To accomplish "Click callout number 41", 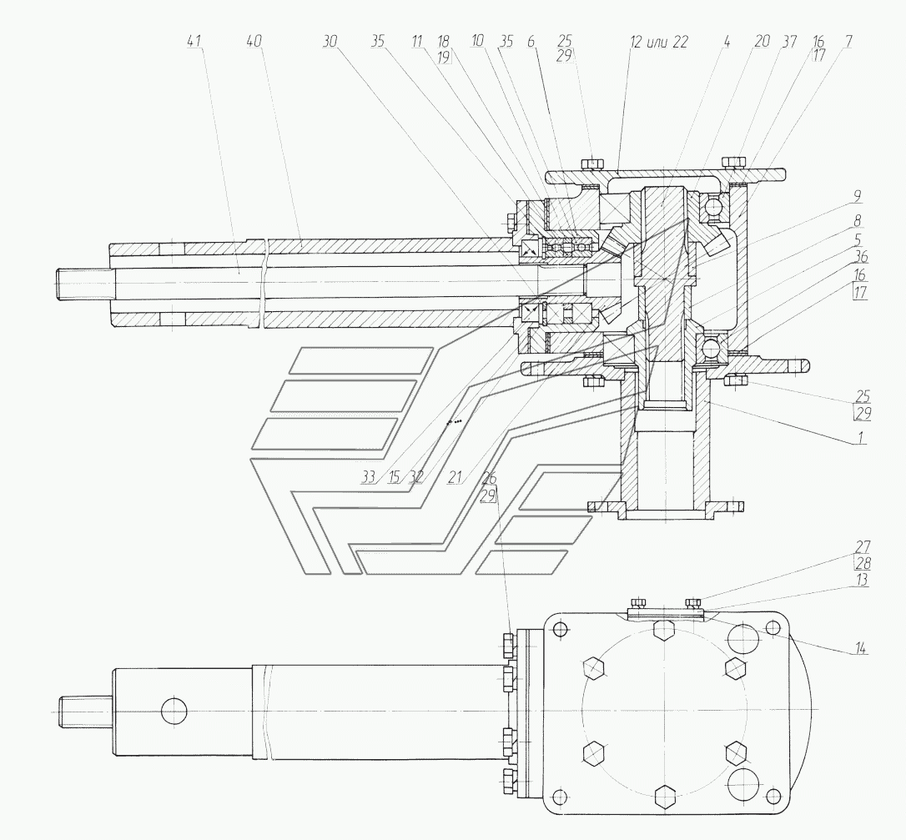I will click(x=196, y=41).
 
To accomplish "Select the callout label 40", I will click(x=255, y=41).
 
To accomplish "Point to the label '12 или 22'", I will click(x=659, y=41).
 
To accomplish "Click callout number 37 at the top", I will click(x=788, y=41).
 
